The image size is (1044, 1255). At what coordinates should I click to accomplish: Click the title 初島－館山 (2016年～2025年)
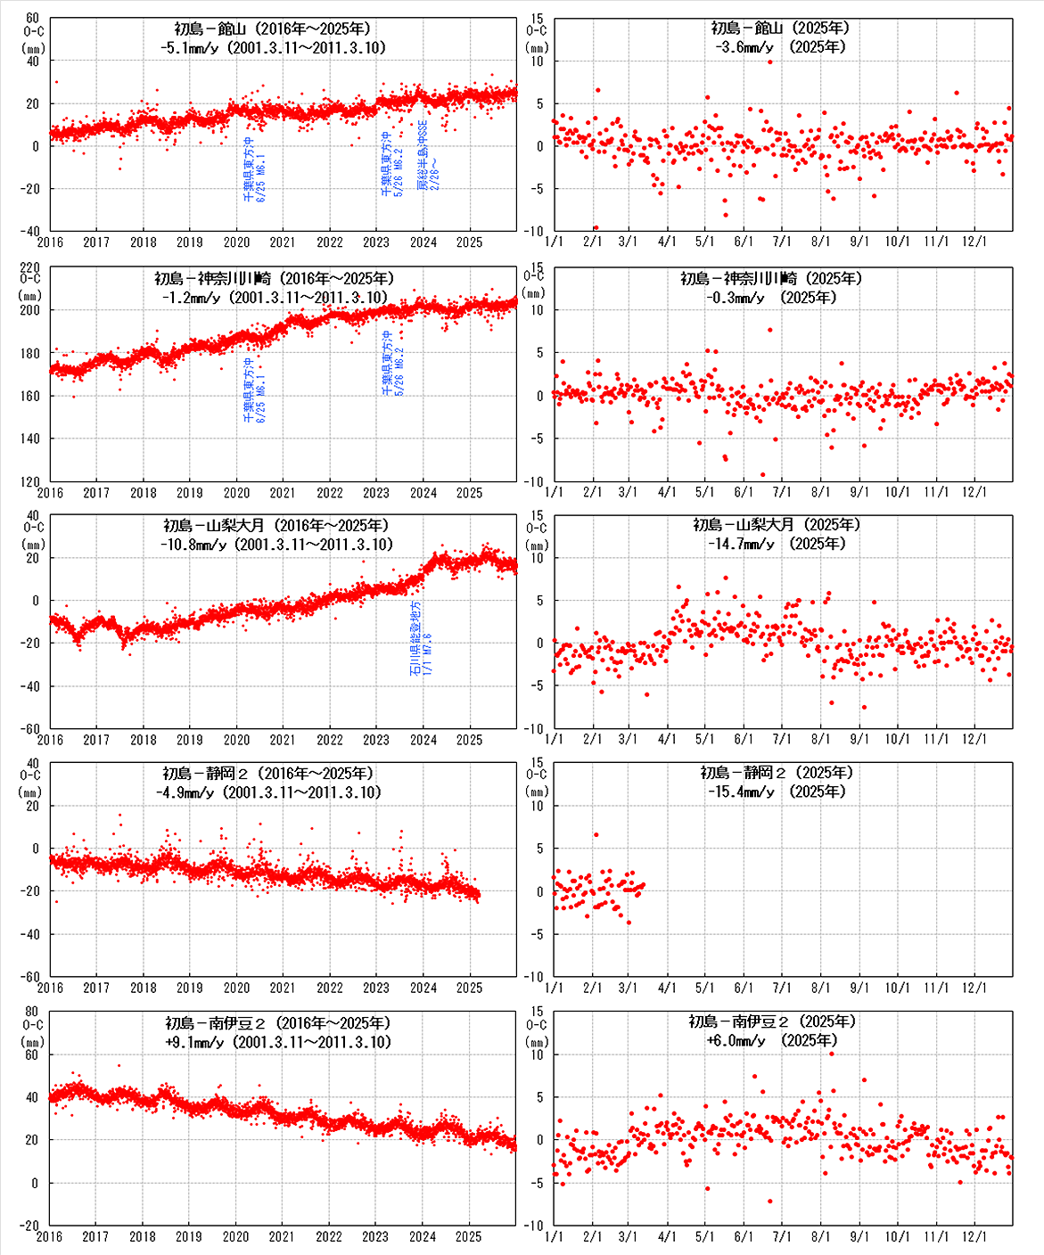coord(267,29)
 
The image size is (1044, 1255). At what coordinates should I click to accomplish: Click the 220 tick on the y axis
coord(29,267)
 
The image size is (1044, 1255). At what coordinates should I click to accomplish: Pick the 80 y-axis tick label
coord(32,1012)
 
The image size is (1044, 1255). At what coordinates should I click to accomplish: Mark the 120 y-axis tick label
coord(29,481)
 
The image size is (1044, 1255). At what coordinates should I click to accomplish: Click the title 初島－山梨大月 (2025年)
coord(777,525)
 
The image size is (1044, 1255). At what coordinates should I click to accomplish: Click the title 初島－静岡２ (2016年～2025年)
coord(268,773)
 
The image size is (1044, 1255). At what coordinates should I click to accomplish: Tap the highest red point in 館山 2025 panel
coord(770,62)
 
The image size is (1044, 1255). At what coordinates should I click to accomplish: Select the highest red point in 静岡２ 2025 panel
coord(596,835)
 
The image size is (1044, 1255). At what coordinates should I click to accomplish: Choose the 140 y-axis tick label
coord(29,439)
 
